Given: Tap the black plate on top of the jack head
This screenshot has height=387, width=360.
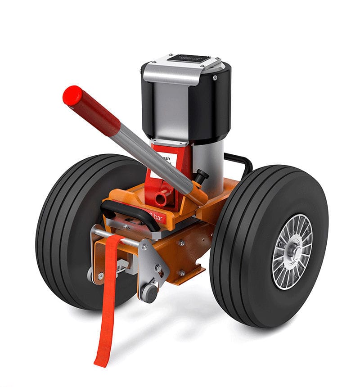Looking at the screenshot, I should click(186, 59).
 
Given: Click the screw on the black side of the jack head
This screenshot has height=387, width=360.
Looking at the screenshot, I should click(215, 78).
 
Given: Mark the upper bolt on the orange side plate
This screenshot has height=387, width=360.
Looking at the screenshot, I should click(181, 243).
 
